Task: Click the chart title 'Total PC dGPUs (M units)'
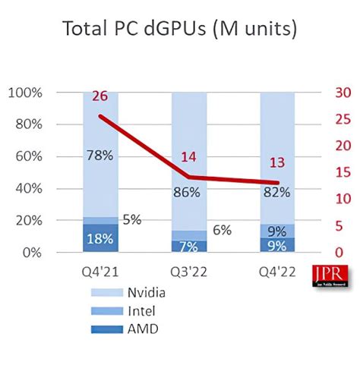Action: point(179,30)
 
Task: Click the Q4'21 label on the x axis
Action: point(100,271)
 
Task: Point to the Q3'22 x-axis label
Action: point(189,271)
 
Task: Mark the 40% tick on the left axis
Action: point(27,189)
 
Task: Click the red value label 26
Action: point(100,96)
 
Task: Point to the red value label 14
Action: point(189,157)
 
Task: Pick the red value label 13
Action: point(277,162)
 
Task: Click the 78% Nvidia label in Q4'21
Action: point(100,156)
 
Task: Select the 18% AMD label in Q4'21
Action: point(99,238)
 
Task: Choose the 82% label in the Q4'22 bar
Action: point(276,193)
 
